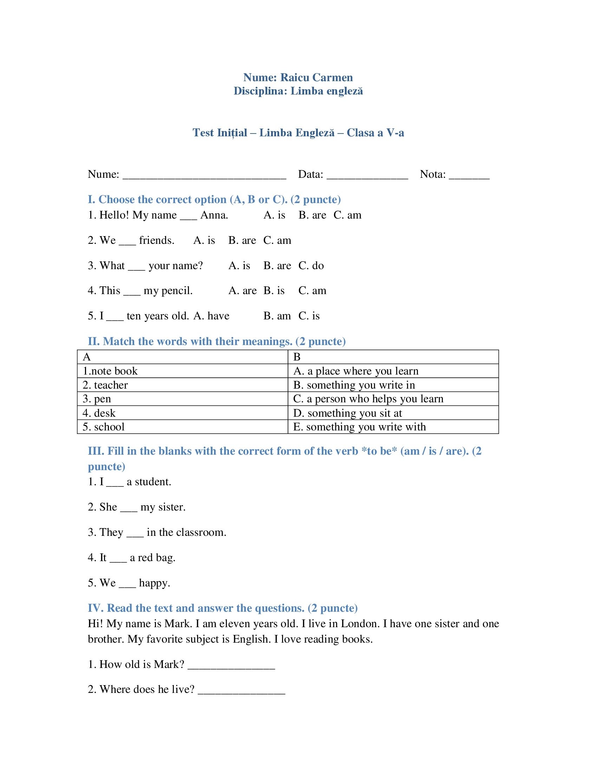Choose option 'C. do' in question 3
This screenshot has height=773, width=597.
click(311, 265)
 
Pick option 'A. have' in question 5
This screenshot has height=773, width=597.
click(211, 316)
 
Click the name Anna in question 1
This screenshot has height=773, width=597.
click(214, 215)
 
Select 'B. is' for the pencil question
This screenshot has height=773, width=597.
click(274, 291)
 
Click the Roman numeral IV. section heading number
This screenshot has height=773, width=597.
click(96, 608)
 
